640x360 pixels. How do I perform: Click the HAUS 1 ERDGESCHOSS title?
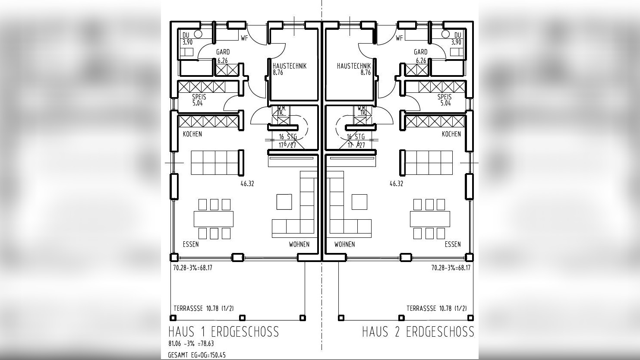(x=224, y=332)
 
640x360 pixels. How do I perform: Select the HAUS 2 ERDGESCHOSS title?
(x=418, y=332)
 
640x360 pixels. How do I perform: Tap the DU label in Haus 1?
(x=186, y=35)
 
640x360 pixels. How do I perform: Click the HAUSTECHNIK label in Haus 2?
(x=354, y=66)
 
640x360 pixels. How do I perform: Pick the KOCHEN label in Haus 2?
(x=451, y=134)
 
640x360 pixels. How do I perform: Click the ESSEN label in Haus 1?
(x=191, y=244)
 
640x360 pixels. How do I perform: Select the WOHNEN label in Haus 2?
(x=344, y=244)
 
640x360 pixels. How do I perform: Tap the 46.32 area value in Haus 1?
(x=247, y=184)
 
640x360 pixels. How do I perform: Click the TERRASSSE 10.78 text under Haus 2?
(x=436, y=308)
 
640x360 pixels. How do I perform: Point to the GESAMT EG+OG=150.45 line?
(x=196, y=355)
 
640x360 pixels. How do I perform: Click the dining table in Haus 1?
(x=214, y=219)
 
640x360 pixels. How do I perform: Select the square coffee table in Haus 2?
(x=359, y=202)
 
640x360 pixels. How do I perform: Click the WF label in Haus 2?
(x=399, y=38)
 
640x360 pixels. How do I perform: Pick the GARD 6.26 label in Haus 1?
(x=223, y=56)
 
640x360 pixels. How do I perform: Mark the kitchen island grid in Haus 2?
(x=429, y=163)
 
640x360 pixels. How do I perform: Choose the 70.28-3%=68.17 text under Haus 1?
(x=192, y=268)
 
